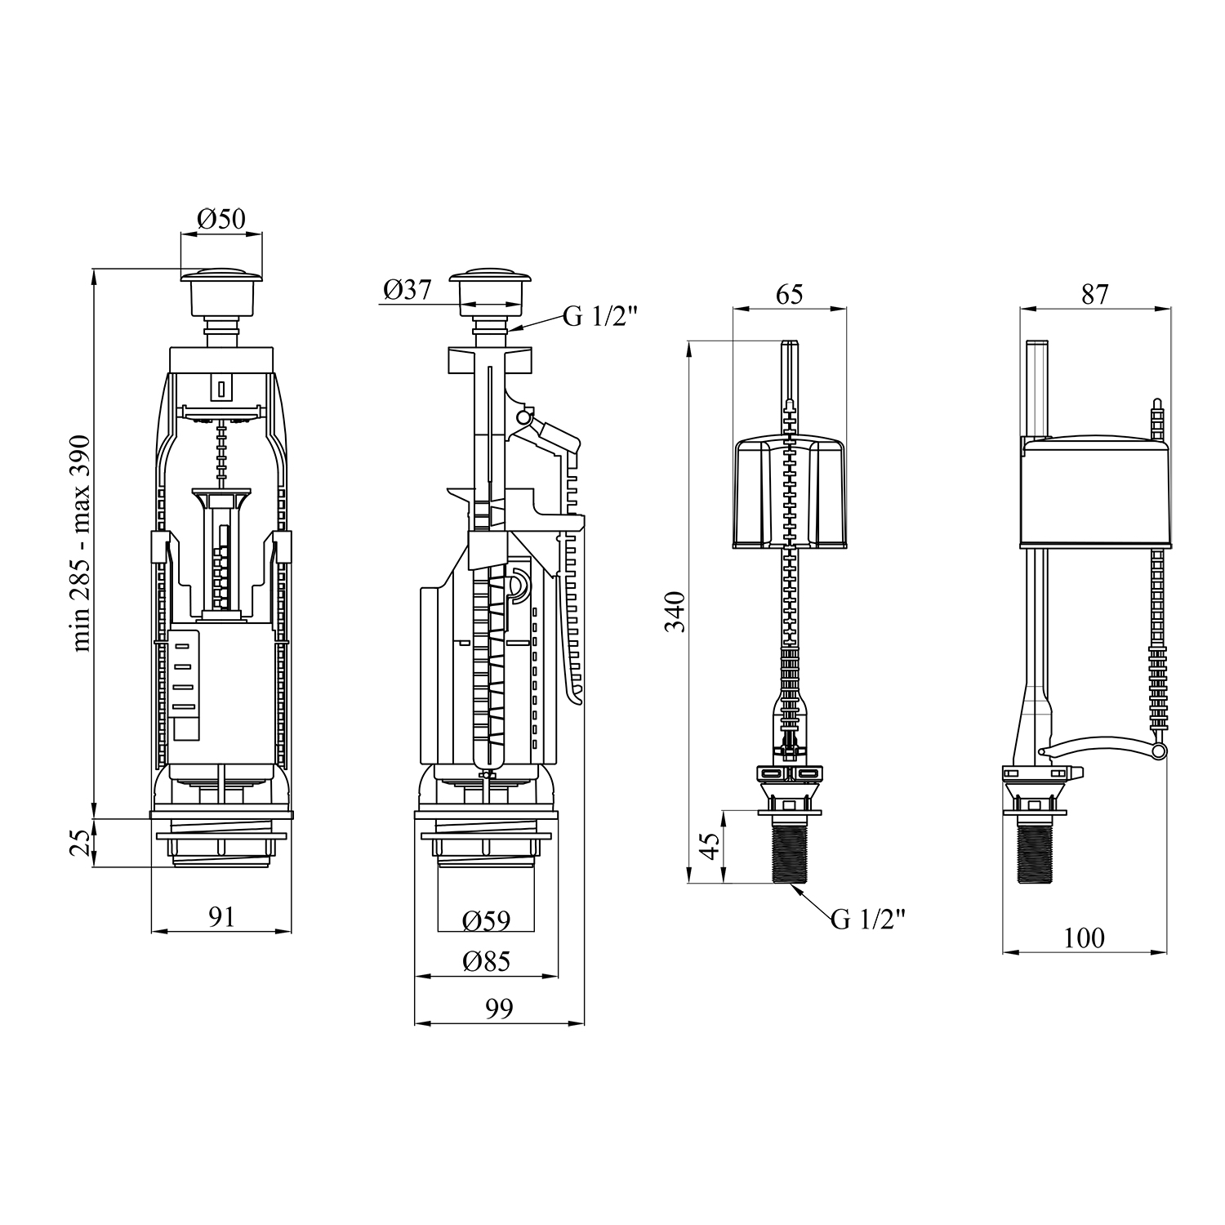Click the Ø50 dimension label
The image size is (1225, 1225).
[221, 218]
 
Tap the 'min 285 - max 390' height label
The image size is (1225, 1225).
[82, 543]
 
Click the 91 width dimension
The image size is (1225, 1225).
[221, 916]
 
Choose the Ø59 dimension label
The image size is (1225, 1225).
[486, 921]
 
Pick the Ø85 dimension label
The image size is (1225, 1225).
[486, 961]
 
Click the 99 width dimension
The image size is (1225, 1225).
[499, 1009]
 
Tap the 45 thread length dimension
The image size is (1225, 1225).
[710, 846]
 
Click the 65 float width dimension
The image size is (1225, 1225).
[789, 293]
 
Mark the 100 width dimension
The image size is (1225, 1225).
[1084, 938]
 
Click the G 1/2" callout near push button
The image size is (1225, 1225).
[599, 317]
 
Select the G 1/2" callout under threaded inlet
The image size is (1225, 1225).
[868, 920]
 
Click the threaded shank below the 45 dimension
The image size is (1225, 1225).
[789, 853]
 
